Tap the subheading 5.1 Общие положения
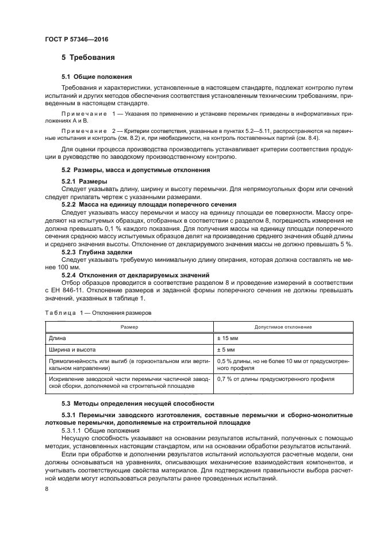click(x=97, y=77)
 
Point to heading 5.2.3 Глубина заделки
click(x=97, y=251)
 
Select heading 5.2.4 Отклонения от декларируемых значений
click(x=135, y=274)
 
